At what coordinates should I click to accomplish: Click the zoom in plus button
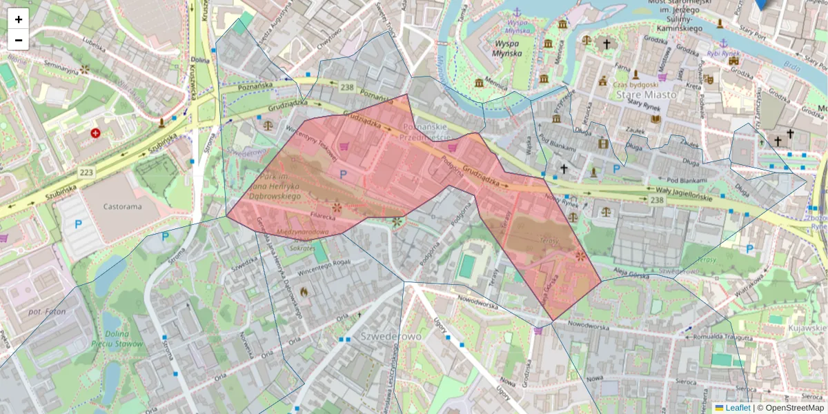(x=19, y=19)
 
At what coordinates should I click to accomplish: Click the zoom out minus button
(x=19, y=40)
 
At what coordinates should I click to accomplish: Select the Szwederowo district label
(x=391, y=336)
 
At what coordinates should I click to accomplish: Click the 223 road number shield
(x=86, y=172)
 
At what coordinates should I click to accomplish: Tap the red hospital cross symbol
(x=95, y=132)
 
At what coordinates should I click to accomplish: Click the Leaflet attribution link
(x=738, y=408)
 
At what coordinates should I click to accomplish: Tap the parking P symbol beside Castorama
(x=78, y=224)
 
